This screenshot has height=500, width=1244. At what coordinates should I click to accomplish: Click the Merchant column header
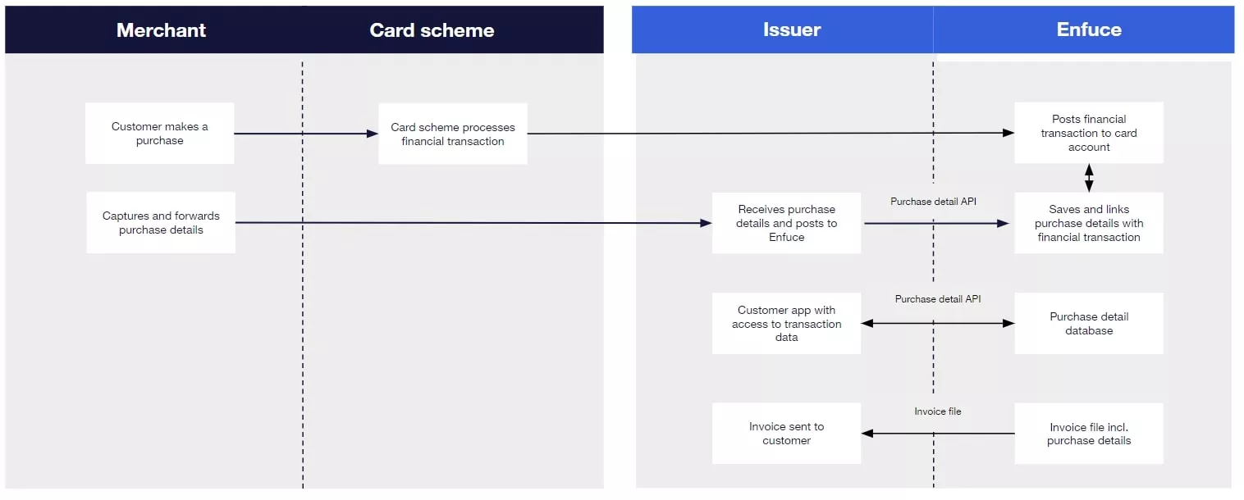[x=161, y=30]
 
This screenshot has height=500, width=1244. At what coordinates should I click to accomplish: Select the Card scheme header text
[x=432, y=30]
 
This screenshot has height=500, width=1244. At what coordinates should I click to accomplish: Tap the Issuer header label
[x=791, y=30]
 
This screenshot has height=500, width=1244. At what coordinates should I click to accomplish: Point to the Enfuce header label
[x=1088, y=30]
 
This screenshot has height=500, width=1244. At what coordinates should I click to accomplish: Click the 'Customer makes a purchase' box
[x=160, y=134]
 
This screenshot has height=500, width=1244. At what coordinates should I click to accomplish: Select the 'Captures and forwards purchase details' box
[x=161, y=223]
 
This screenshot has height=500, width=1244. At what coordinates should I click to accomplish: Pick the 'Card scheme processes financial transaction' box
[x=453, y=134]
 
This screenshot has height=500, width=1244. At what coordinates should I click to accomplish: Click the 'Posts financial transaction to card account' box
[x=1088, y=133]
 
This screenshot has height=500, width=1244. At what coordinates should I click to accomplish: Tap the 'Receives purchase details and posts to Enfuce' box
[x=786, y=223]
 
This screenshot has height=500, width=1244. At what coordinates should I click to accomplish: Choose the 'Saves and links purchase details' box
[x=1088, y=223]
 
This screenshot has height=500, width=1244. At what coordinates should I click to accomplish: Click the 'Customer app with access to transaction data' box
[x=786, y=324]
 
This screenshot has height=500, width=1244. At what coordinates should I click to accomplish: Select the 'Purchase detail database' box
[x=1088, y=324]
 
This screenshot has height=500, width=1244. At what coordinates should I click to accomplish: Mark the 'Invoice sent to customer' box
[x=786, y=434]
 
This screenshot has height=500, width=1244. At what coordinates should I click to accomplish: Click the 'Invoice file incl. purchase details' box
[x=1088, y=434]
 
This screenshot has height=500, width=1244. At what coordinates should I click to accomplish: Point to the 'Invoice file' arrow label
[x=937, y=411]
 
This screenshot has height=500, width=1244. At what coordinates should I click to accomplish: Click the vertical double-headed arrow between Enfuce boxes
[x=1089, y=178]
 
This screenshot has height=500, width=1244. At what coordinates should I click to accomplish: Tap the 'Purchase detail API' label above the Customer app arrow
[x=937, y=299]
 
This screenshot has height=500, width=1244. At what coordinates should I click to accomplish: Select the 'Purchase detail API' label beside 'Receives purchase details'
[x=933, y=202]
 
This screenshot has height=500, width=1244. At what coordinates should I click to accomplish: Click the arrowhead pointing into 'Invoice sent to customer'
[x=867, y=434]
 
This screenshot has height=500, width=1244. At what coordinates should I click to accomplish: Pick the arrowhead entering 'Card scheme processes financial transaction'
[x=373, y=134]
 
